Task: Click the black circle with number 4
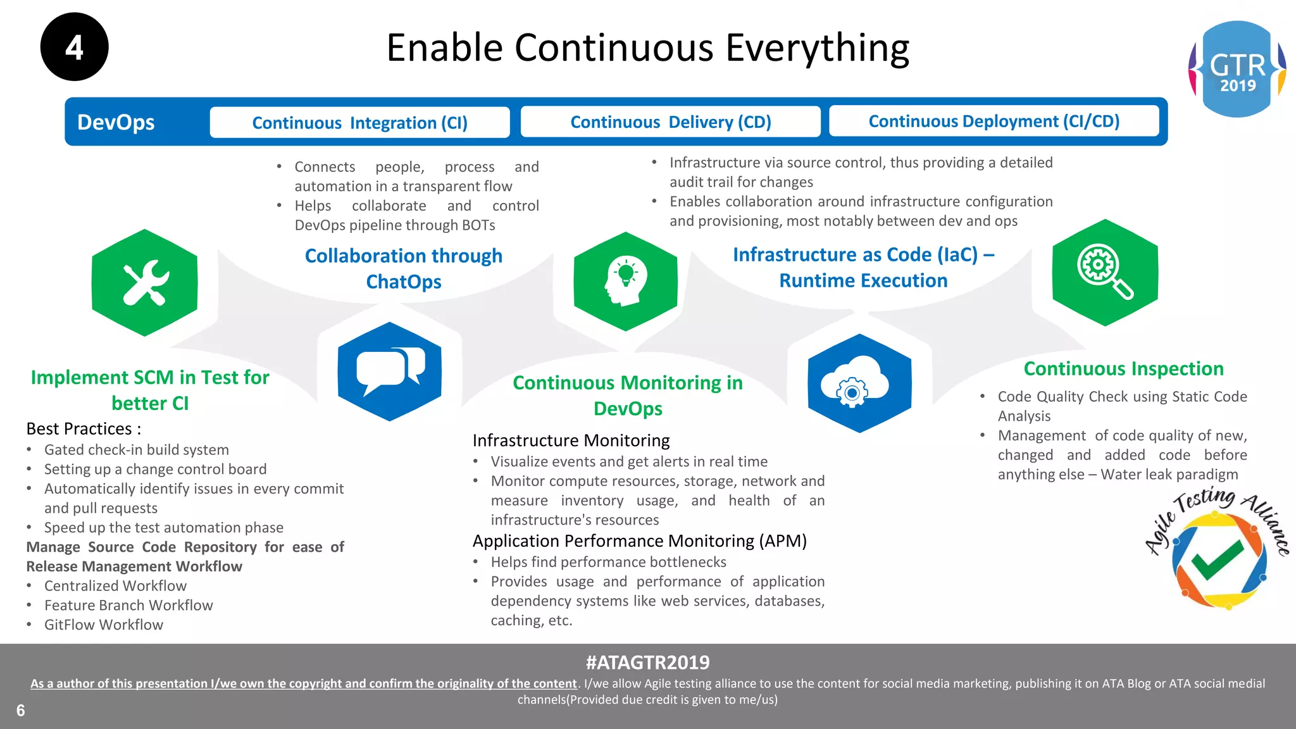[x=74, y=47]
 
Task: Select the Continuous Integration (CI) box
[x=359, y=122]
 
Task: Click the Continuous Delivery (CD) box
[x=670, y=121]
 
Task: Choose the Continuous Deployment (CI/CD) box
[x=994, y=121]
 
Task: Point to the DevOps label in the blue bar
[x=116, y=122]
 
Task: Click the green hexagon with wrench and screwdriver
[x=145, y=283]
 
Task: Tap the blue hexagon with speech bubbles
[x=389, y=371]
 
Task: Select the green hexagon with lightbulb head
[x=625, y=282]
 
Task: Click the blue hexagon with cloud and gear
[x=859, y=383]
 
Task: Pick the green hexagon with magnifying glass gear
[x=1105, y=273]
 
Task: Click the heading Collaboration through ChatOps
[x=404, y=268]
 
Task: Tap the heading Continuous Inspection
[x=1123, y=368]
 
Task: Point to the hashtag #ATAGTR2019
[x=647, y=663]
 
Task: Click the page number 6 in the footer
[x=21, y=711]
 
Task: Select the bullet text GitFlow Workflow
[x=104, y=625]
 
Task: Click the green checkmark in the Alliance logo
[x=1216, y=559]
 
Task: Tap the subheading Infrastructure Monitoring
[x=571, y=440]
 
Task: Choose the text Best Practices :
[x=84, y=429]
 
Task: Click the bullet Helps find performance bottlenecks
[x=608, y=562]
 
